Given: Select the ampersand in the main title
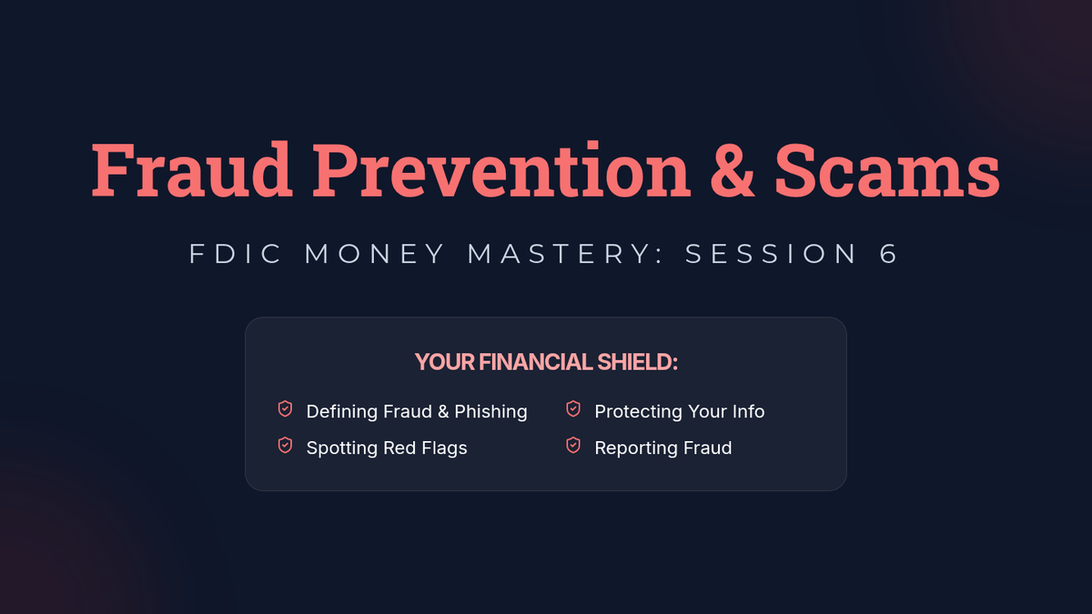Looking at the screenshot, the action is point(733,170).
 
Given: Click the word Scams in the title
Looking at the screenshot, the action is point(887,170).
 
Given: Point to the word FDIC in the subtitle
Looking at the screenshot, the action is point(236,254).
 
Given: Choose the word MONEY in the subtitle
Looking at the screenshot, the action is point(374,254).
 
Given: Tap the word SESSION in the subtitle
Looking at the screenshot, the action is point(771,254).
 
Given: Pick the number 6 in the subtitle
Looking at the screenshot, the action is point(889,254).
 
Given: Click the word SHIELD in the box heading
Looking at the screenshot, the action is point(637,362).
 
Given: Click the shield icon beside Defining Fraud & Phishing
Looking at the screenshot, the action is point(285,408).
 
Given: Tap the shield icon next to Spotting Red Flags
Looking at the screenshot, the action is point(285,446).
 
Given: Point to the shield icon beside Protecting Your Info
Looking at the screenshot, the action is point(573,408).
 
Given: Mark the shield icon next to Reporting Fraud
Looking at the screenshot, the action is point(573,446).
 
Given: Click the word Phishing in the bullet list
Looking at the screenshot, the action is point(490,412).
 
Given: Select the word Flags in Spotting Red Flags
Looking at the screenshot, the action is point(444,448).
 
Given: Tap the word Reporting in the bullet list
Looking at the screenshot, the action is point(636,448).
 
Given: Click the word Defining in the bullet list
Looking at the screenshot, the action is point(342,412).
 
